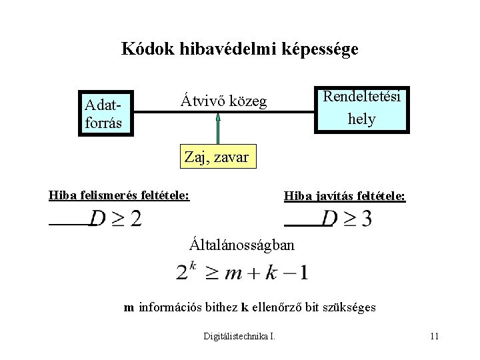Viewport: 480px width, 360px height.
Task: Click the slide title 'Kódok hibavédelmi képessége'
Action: [239, 49]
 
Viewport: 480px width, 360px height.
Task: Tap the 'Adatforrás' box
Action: [105, 113]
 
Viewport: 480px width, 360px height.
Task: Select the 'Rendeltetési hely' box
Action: [361, 108]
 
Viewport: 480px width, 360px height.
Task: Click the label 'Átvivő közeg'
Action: [223, 101]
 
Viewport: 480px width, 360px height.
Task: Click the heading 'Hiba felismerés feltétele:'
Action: [119, 195]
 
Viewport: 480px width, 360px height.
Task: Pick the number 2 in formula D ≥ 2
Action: [135, 218]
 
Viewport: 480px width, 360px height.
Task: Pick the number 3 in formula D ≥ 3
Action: [366, 218]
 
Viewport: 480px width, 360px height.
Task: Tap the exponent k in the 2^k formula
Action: [192, 265]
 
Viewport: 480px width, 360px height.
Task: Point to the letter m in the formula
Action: [234, 273]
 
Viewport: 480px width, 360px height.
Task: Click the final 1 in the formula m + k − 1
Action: [303, 273]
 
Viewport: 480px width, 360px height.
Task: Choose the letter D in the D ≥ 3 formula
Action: [329, 218]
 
